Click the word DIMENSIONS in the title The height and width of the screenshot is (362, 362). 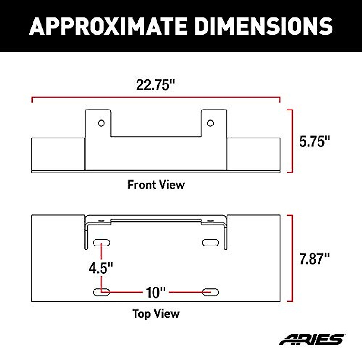coord(263,26)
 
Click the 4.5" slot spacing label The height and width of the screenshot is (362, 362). coord(101,268)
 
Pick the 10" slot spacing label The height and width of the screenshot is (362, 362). coord(156,292)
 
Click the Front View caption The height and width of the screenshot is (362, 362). coord(156,185)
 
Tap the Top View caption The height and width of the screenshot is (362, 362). coord(156,314)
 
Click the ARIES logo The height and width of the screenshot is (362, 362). coord(312,339)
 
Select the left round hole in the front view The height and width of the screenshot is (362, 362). coord(101,123)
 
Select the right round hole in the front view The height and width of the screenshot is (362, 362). coord(210,123)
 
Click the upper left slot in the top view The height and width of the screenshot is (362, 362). coord(101,243)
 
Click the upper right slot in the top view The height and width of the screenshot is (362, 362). coord(210,243)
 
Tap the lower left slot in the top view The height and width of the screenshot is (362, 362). coord(101,292)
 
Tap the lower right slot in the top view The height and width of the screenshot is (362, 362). coord(210,292)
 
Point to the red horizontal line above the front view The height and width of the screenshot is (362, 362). coord(156,98)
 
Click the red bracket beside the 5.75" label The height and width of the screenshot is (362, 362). coord(291,141)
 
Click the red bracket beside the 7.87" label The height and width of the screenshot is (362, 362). coord(291,259)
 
